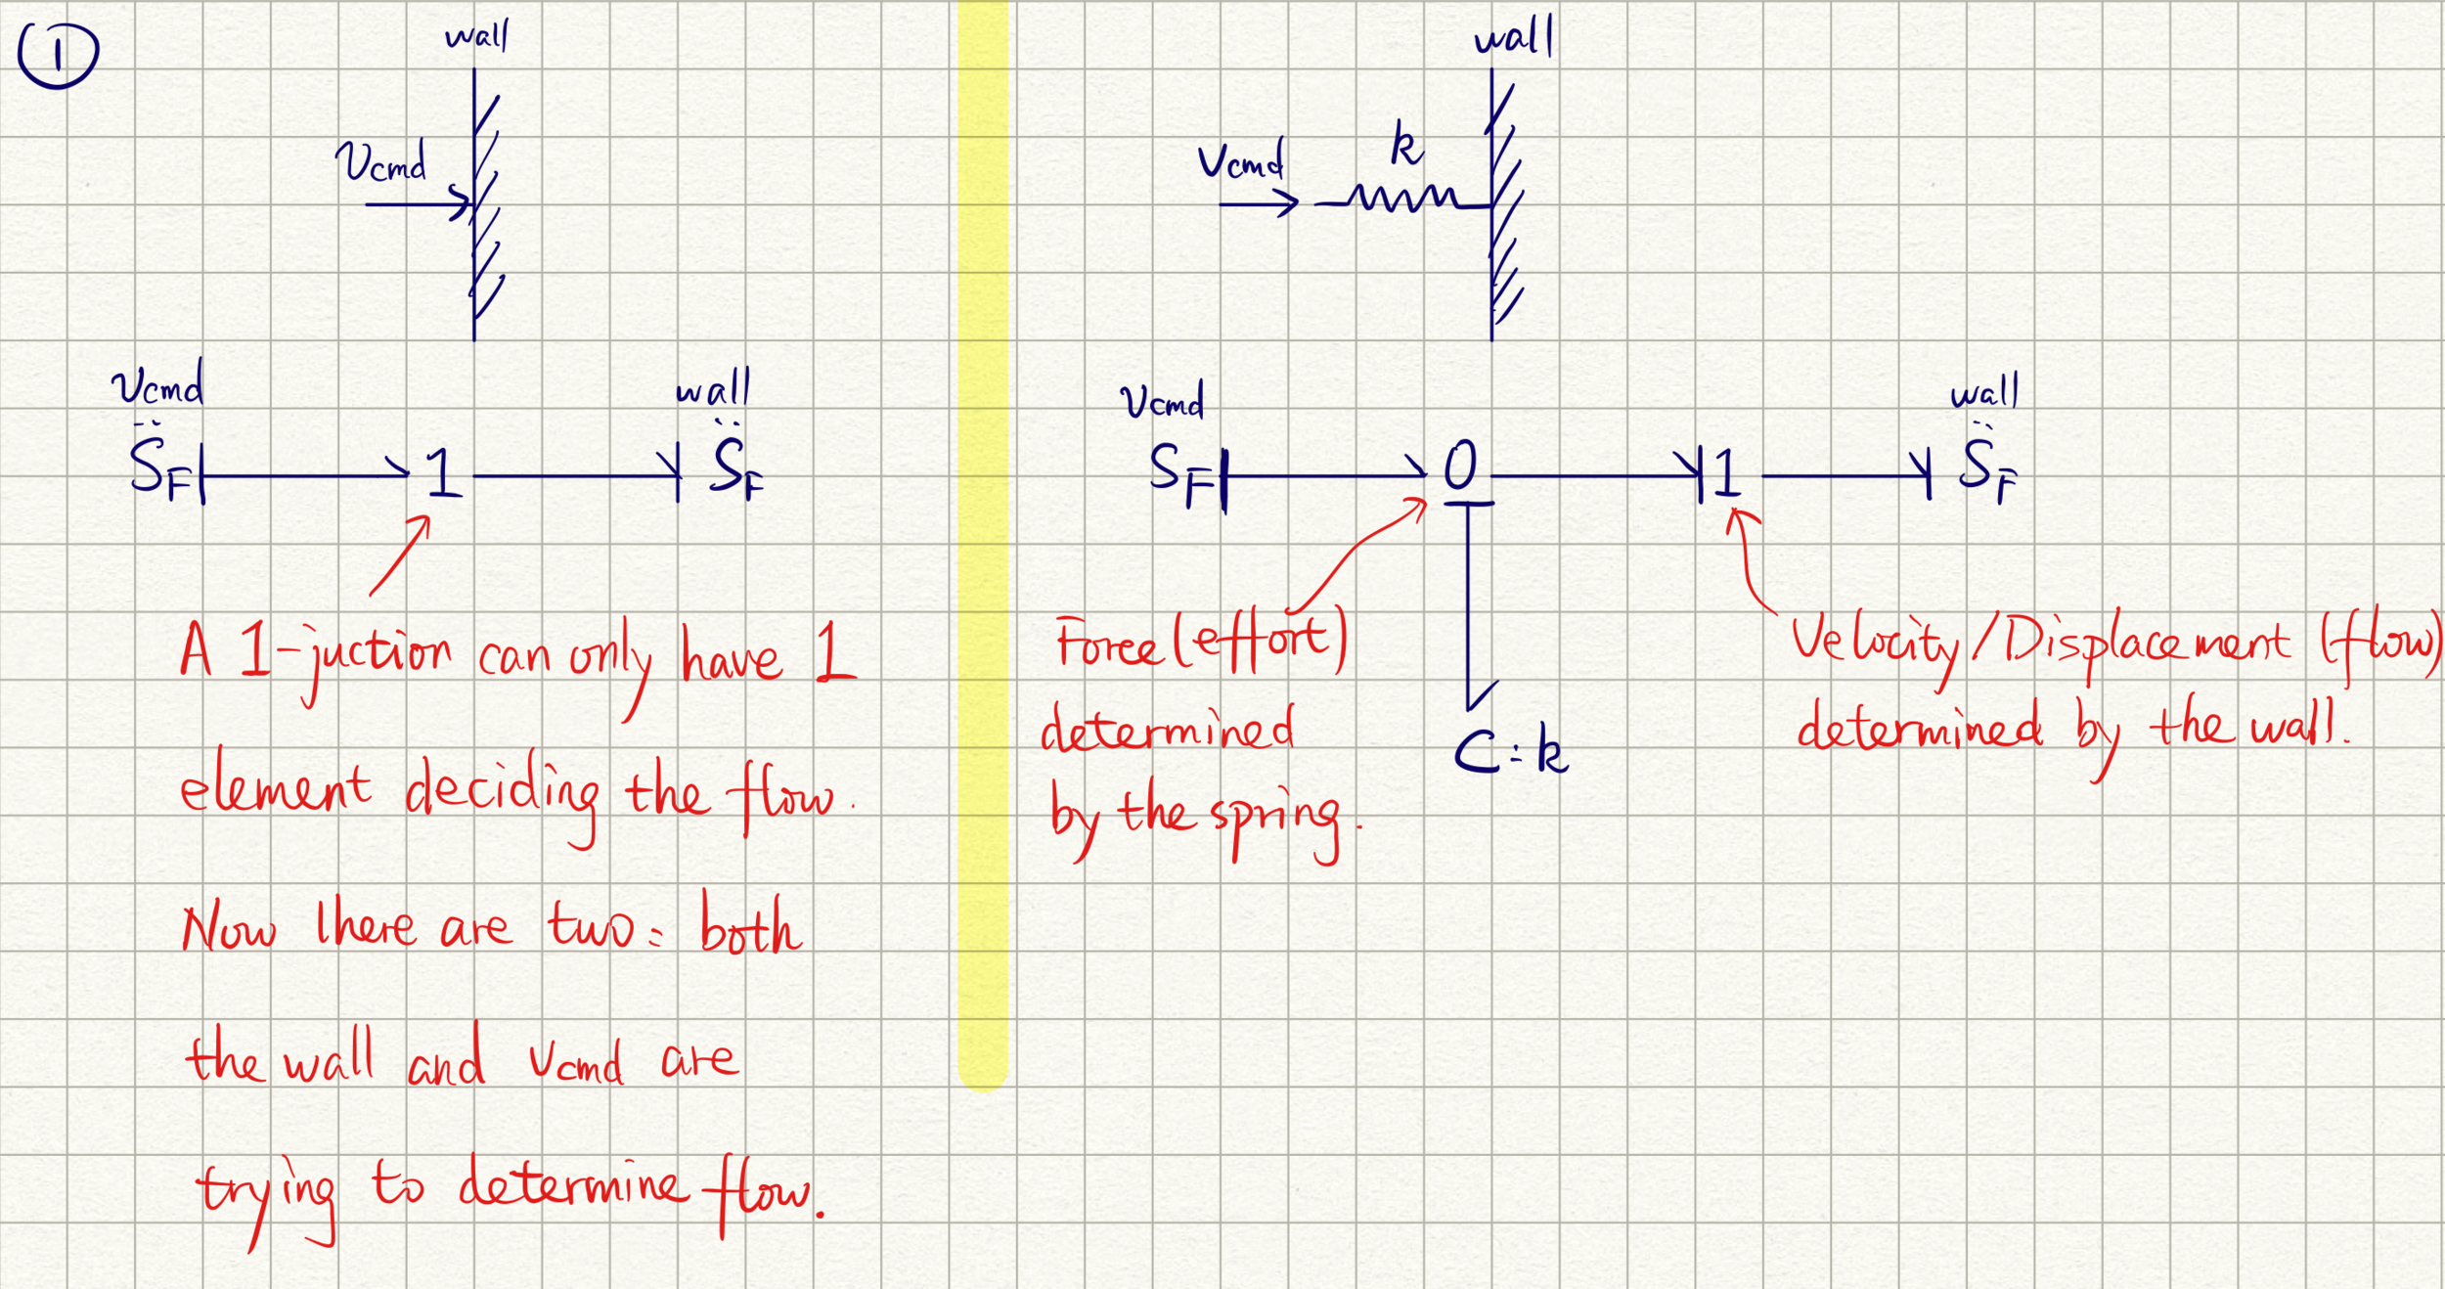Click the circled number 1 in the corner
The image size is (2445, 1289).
pyautogui.click(x=58, y=55)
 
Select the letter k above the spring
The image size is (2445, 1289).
pyautogui.click(x=1406, y=147)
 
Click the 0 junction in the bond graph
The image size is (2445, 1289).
pyautogui.click(x=1460, y=466)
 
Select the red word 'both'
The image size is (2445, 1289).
pyautogui.click(x=750, y=927)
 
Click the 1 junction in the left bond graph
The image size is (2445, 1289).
pyautogui.click(x=442, y=472)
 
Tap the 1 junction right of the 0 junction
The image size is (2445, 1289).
pyautogui.click(x=1727, y=472)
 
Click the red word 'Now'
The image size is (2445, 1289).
pyautogui.click(x=229, y=929)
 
